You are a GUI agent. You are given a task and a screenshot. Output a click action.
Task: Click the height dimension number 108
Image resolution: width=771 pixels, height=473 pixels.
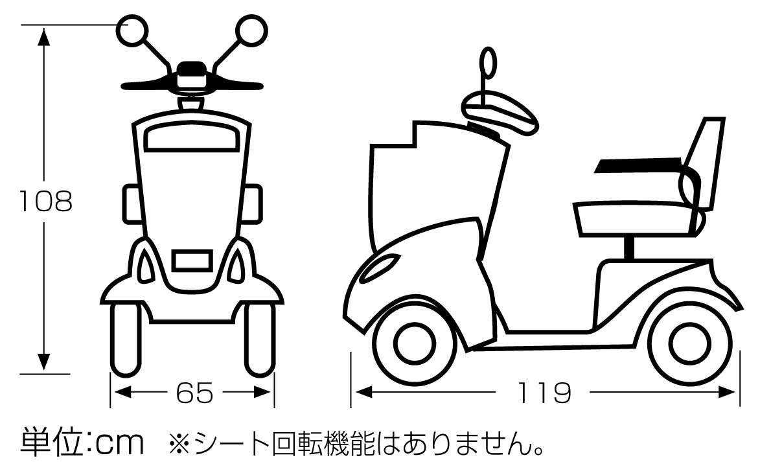45,202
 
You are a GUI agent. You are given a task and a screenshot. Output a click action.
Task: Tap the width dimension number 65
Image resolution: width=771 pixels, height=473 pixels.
194,392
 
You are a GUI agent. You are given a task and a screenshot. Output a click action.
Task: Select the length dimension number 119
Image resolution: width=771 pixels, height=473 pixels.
544,392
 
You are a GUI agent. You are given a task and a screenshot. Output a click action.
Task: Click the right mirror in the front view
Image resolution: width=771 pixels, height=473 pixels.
250,30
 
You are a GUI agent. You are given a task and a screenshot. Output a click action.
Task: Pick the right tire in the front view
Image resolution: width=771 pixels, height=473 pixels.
260,338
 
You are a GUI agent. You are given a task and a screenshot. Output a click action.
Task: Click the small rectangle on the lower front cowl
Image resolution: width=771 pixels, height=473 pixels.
193,260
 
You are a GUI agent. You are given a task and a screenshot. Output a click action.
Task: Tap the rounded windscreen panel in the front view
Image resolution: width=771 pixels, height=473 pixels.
193,137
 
